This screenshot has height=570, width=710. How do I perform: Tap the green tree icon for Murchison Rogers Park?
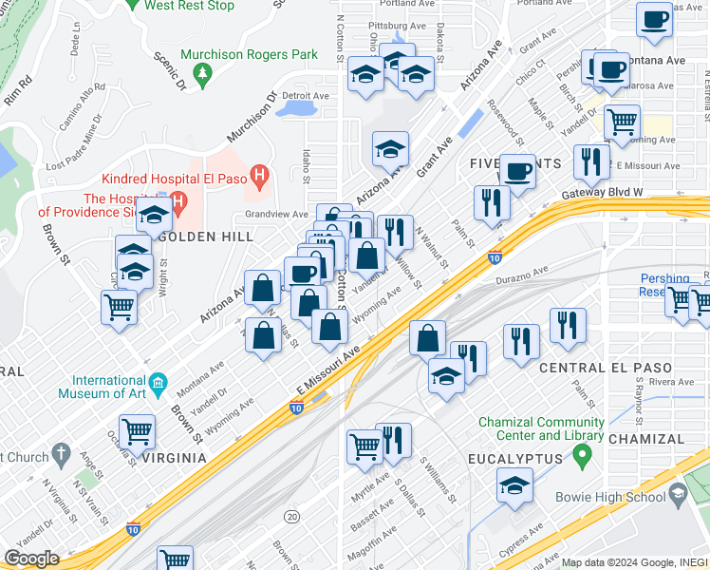tap(201, 73)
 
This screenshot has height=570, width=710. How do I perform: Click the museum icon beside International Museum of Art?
tap(159, 384)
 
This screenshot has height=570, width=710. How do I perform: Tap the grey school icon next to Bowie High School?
tap(679, 493)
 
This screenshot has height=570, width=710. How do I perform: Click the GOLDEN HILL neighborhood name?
tap(206, 236)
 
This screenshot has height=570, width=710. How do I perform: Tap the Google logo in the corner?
tap(31, 559)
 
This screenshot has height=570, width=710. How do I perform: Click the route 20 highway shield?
tap(291, 516)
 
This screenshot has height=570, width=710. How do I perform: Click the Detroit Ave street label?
tap(305, 96)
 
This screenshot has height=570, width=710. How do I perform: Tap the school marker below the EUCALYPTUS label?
tap(514, 486)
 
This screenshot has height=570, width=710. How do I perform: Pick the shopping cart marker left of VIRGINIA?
tap(138, 432)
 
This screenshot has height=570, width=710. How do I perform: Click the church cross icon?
tap(63, 455)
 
